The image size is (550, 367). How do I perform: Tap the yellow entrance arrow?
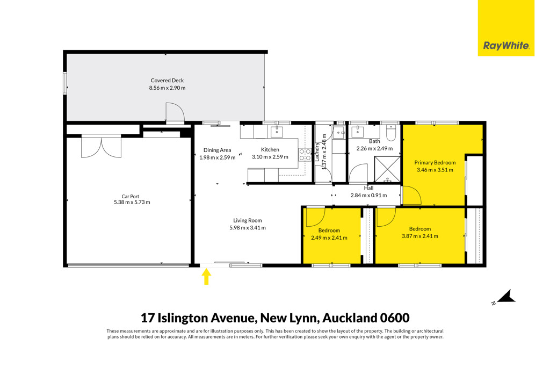click(206, 277)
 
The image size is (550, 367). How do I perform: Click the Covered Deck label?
click(168, 81)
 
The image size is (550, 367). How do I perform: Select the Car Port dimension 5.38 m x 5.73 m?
click(132, 202)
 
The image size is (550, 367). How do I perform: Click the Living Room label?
click(248, 220)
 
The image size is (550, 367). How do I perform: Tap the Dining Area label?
click(217, 150)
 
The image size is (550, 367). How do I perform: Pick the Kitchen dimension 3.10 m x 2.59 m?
click(270, 157)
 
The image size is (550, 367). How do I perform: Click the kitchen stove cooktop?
click(305, 155)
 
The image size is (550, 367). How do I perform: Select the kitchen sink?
click(277, 132)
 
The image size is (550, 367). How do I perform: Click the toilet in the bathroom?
click(391, 133)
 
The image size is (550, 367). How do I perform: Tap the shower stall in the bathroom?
click(387, 169)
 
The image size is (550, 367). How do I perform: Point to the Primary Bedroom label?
click(435, 162)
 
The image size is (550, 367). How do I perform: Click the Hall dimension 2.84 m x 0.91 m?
click(368, 195)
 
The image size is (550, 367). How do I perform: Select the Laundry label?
click(317, 152)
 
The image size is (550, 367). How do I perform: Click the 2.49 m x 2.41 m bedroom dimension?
click(329, 238)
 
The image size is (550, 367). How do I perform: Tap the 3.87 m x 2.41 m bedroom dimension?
click(420, 236)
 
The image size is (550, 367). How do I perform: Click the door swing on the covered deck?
click(175, 112)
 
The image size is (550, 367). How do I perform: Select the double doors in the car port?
click(102, 147)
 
